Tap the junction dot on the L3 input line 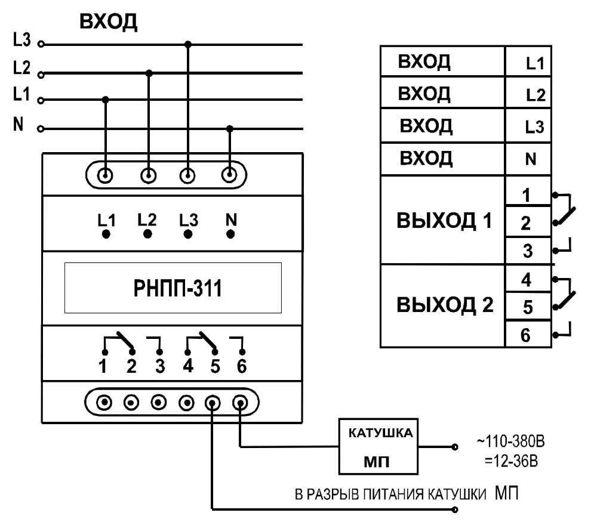click(x=188, y=44)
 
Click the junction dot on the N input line click(x=230, y=128)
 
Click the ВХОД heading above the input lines click(x=109, y=22)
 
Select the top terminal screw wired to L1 click(x=106, y=175)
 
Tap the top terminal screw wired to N click(x=229, y=175)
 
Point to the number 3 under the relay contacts click(x=159, y=366)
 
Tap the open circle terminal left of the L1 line click(x=41, y=100)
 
